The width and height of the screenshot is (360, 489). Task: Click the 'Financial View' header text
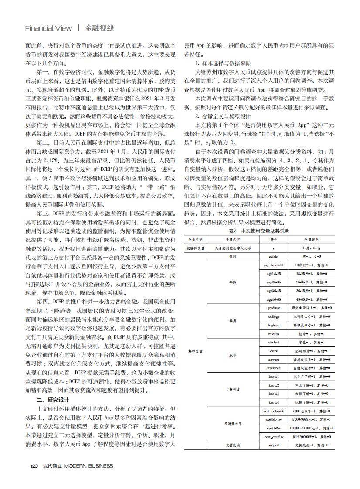48,28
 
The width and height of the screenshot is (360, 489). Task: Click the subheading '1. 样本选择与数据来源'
223,64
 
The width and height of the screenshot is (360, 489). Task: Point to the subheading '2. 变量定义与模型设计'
223,116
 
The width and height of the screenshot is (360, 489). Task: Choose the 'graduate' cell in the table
274,308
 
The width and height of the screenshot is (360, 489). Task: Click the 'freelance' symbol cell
274,368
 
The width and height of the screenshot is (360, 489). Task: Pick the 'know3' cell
274,394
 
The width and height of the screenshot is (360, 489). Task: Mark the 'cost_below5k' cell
274,411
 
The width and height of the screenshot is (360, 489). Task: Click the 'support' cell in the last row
274,445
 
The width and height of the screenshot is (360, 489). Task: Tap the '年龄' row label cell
232,282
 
